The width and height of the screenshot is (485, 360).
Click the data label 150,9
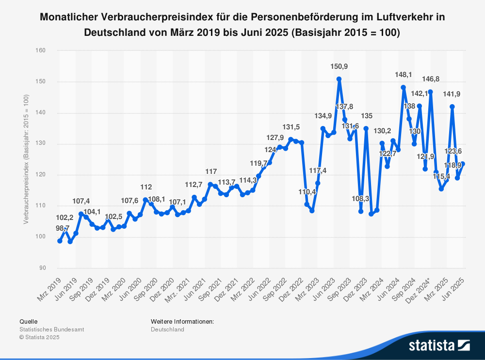click(x=339, y=66)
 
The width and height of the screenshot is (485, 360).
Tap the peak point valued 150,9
click(x=339, y=78)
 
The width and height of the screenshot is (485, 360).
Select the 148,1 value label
click(x=403, y=75)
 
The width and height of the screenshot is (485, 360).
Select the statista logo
click(x=439, y=345)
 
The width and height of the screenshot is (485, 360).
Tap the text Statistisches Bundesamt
click(x=51, y=329)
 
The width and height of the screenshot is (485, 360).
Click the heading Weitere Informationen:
click(x=182, y=321)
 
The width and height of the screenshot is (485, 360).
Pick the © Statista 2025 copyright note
click(x=39, y=337)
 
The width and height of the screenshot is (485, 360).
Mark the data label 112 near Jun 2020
click(x=146, y=187)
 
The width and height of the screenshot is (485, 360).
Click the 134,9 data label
click(x=323, y=116)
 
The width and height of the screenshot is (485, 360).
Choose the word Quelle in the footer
click(x=28, y=321)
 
